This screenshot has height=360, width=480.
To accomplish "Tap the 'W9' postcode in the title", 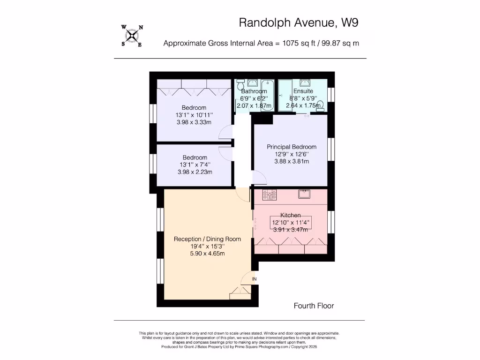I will click(351, 22).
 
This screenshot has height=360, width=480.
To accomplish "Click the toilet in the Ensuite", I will click(321, 105).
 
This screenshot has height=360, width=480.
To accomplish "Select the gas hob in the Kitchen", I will click(270, 195).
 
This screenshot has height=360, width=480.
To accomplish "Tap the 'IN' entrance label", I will click(255, 279).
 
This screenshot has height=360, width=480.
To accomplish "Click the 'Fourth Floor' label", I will click(314, 306).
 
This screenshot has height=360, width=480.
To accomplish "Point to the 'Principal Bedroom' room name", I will click(292, 147).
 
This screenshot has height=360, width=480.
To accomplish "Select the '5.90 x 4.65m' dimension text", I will click(207, 254).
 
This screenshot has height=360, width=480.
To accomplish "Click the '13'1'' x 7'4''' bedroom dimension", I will click(195, 165).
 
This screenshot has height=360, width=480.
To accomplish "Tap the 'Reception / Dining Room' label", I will click(207, 239).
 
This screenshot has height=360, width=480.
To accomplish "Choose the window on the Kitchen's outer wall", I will click(331, 222).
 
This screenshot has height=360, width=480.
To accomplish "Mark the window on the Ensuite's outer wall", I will click(331, 94).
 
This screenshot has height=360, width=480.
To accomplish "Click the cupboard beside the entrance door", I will click(240, 294).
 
